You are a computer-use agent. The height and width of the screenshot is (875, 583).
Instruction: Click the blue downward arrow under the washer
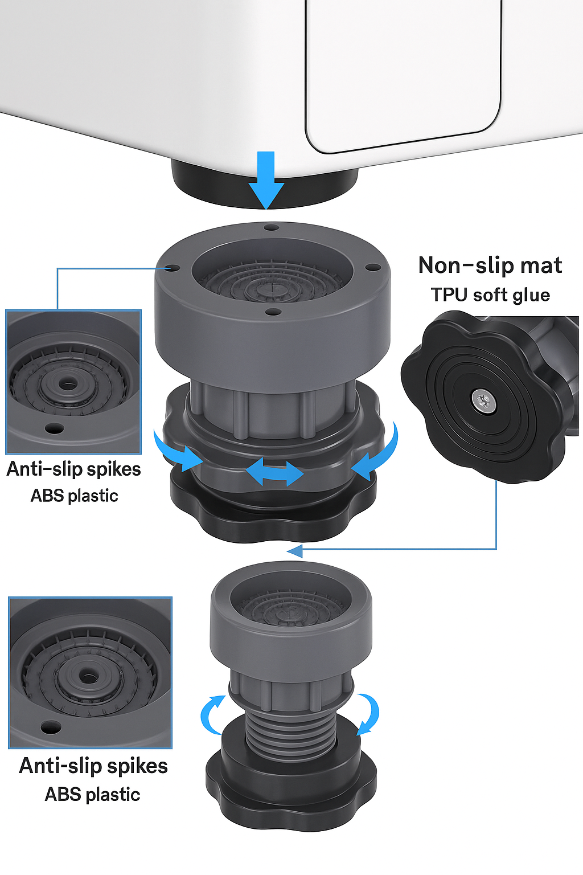(266, 179)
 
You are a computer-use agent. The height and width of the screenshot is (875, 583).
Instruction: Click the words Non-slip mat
(490, 265)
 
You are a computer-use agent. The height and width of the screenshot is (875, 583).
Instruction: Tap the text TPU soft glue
(490, 295)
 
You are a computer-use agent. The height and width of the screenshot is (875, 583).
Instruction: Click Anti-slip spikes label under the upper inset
(73, 469)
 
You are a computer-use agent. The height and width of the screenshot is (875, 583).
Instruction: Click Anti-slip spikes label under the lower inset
(93, 766)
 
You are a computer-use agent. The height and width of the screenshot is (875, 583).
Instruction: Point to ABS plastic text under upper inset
(74, 496)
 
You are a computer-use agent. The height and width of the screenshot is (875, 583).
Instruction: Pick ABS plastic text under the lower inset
(92, 794)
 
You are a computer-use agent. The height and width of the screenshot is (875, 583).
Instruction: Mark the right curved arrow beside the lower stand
(368, 713)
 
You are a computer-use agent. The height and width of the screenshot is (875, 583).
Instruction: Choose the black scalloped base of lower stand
(290, 792)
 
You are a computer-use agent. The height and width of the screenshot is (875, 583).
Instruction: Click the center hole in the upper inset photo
(68, 384)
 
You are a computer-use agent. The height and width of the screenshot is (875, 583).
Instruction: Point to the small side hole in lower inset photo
(50, 727)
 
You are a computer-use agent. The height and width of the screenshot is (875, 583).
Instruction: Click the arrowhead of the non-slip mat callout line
(295, 550)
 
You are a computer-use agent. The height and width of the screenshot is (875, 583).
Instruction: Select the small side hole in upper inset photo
(54, 427)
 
